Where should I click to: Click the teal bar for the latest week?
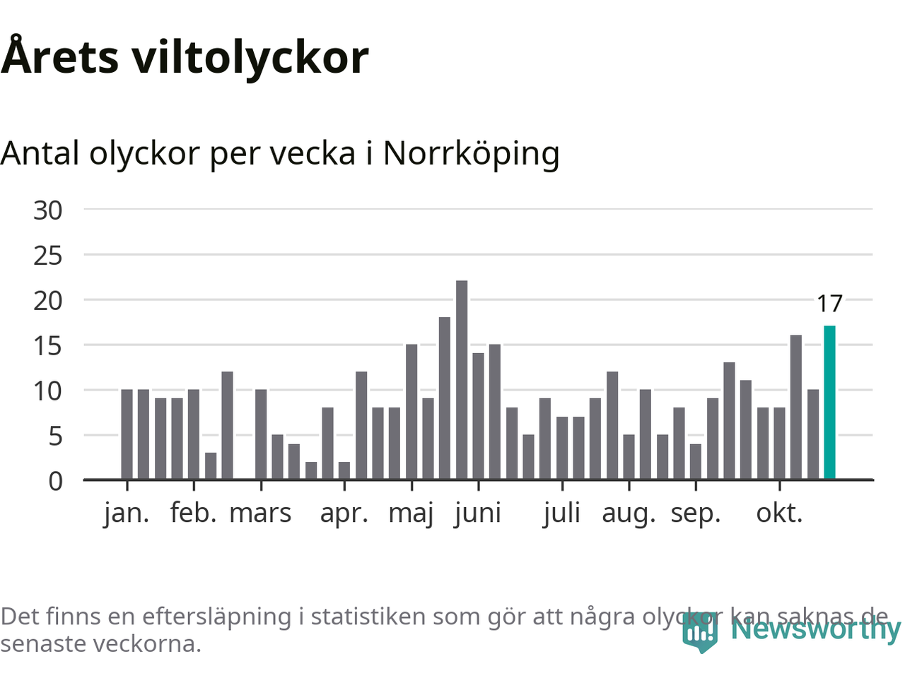click(829, 403)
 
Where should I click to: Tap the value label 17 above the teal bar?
click(829, 304)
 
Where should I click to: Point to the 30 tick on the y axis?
click(48, 210)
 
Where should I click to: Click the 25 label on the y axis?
click(48, 255)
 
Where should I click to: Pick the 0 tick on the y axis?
click(55, 481)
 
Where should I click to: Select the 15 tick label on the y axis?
click(48, 345)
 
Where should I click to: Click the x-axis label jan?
click(127, 513)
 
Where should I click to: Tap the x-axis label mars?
click(260, 513)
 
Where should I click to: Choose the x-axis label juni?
click(478, 513)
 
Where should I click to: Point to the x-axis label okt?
click(780, 513)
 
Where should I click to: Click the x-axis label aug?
click(629, 513)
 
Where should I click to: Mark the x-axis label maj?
click(411, 513)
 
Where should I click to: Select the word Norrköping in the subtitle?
click(471, 153)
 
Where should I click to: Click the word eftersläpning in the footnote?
click(216, 617)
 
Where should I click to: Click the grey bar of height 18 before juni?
click(445, 398)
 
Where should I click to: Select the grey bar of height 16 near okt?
click(796, 408)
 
